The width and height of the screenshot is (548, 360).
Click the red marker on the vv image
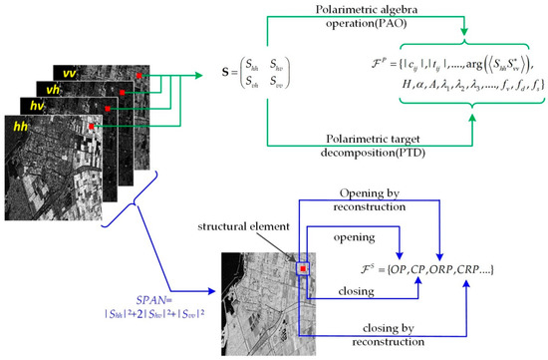coord(146,74)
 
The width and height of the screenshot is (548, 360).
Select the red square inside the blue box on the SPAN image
coord(299,266)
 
